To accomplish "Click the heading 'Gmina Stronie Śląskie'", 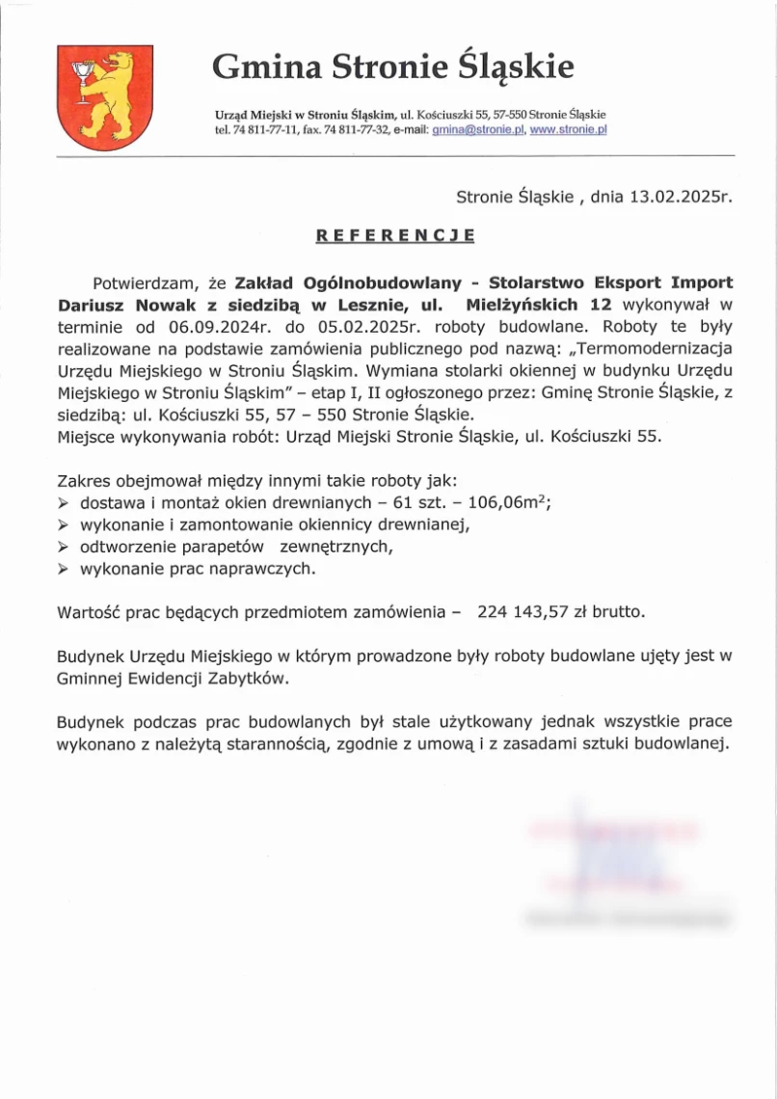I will coord(393,67).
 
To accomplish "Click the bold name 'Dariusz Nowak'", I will coord(119,305).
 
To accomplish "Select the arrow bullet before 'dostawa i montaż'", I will coord(64,503).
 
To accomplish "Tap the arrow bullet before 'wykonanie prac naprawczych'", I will coord(64,570).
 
